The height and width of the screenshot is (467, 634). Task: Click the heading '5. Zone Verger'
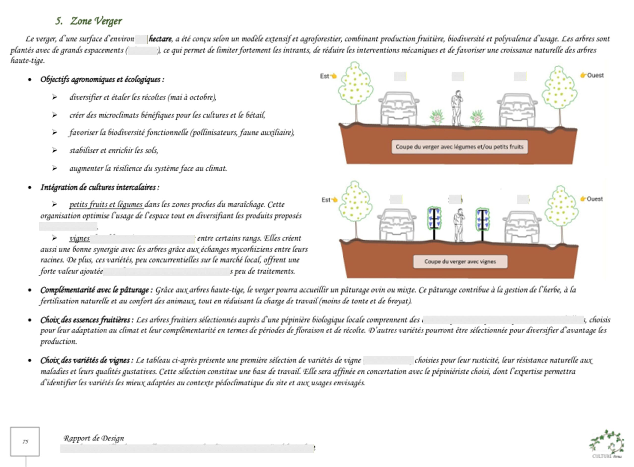[x=89, y=21]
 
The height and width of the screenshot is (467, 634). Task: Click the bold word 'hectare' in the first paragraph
[x=160, y=39]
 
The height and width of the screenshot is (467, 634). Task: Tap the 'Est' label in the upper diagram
[x=325, y=76]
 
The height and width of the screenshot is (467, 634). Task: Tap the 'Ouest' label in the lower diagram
[x=594, y=199]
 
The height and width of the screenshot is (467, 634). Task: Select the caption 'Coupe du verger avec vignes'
[x=460, y=261]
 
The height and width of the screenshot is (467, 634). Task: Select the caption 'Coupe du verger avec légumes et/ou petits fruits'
[x=459, y=147]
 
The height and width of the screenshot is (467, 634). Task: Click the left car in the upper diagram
[x=399, y=109]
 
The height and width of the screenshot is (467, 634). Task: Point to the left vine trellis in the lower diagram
[x=434, y=223]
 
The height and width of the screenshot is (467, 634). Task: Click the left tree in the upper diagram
[x=355, y=88]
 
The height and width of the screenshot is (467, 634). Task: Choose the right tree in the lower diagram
[x=561, y=209]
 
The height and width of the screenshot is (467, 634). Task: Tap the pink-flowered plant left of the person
[x=437, y=117]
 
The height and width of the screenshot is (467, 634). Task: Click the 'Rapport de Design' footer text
[x=94, y=438]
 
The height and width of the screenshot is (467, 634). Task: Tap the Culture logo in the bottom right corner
[x=607, y=444]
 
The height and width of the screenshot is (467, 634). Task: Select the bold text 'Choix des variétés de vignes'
[x=85, y=360]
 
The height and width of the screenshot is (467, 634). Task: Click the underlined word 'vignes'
[x=79, y=238]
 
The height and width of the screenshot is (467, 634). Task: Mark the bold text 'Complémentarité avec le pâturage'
[x=94, y=290]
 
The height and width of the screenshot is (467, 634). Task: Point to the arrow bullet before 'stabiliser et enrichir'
[x=54, y=150]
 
